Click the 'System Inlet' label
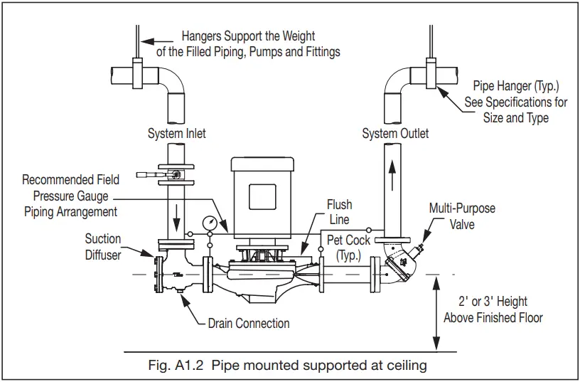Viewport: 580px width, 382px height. tap(176, 134)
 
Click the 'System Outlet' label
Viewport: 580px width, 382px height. tap(395, 134)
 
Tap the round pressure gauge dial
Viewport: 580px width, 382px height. tap(210, 223)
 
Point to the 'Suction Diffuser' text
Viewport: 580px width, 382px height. tap(103, 246)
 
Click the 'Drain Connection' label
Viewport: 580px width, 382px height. tap(248, 323)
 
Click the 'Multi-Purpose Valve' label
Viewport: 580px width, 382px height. tap(462, 216)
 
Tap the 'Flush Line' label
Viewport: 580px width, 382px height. tap(339, 212)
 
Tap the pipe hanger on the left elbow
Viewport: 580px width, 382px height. tap(136, 72)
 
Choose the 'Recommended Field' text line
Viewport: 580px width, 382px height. tap(70, 180)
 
